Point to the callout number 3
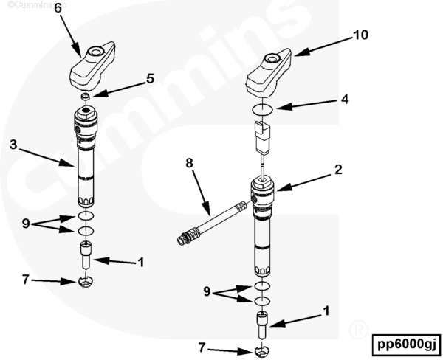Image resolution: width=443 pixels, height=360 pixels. pos(13,145)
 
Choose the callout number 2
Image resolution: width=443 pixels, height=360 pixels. pos(337,169)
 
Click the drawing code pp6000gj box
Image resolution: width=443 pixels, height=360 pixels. pos(406,344)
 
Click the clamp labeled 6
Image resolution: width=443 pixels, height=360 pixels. pos(95,66)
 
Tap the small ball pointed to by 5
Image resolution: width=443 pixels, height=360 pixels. pos(86,97)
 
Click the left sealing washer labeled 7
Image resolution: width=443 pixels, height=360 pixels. pos(86,281)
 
